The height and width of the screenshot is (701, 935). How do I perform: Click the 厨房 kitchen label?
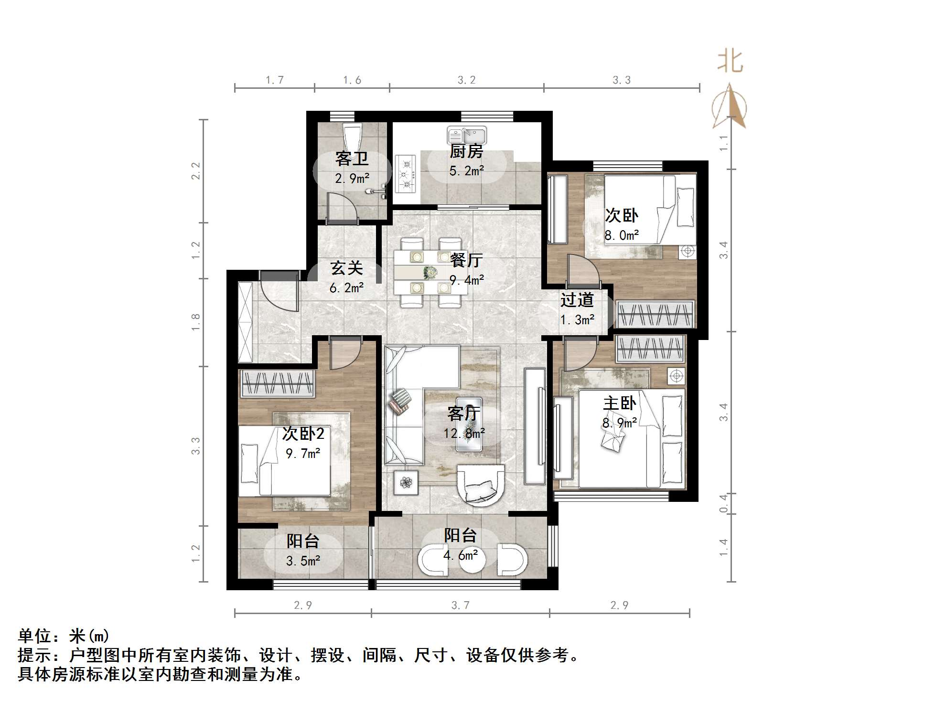pos(466,151)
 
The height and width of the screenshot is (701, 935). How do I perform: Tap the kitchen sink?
pos(467,135)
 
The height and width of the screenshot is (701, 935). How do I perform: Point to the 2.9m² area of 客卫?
pos(352,179)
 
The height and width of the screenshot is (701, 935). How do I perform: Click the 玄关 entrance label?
pos(347,268)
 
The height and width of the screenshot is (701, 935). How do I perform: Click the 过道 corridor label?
pos(577,300)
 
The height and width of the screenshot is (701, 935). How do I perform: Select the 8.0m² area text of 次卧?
pos(622,235)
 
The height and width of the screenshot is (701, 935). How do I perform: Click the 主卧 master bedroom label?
pos(620,404)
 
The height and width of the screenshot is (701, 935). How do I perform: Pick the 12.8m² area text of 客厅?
pos(464,434)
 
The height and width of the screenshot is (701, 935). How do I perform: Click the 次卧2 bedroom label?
pos(303,434)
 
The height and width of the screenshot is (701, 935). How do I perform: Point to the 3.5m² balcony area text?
pos(303,561)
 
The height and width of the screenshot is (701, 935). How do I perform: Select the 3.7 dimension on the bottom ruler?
pos(461,605)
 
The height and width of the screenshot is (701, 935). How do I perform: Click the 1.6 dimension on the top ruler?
pos(352,80)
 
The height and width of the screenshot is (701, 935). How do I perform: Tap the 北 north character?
pos(730,62)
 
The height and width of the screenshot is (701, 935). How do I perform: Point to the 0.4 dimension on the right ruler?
pos(724,504)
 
